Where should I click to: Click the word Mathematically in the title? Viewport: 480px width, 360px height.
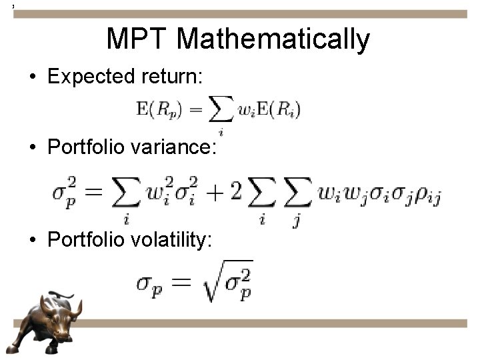(273, 40)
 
